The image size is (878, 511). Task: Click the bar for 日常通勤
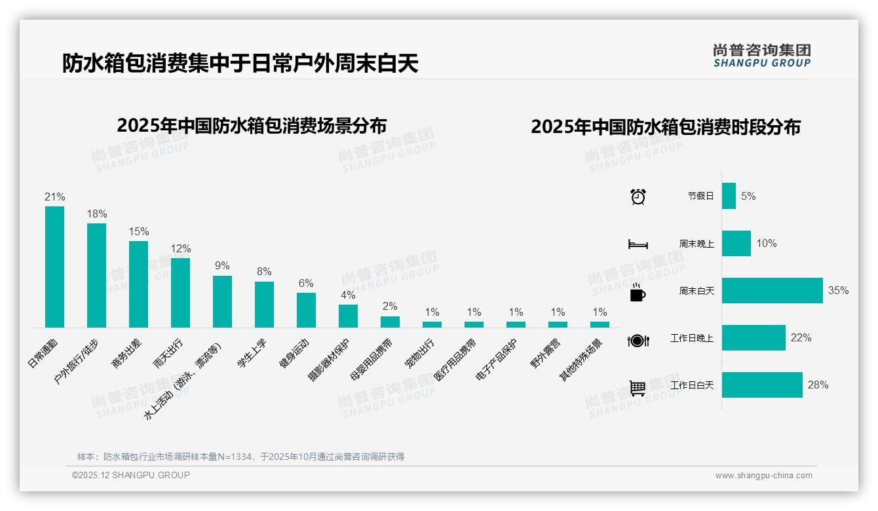pos(54,267)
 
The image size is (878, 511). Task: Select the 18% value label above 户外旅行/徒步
pos(97,214)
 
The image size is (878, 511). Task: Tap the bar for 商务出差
pos(138,284)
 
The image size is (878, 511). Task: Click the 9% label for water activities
pos(222,266)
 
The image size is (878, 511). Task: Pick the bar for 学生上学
pos(264,305)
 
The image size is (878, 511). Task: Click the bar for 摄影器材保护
pos(348,316)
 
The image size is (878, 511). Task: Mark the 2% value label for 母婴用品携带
pos(390,306)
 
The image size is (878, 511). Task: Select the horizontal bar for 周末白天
pos(772,291)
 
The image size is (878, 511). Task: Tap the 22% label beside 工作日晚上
pos(801,338)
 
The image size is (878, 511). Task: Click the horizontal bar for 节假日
pos(729,196)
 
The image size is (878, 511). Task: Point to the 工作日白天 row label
pos(692,385)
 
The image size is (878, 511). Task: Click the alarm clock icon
pos(638,197)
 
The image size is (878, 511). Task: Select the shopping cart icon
pos(638,388)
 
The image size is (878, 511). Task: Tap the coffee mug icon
pos(638,293)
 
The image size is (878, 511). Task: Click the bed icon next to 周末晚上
pos(638,244)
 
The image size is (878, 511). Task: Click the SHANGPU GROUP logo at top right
pos(761,56)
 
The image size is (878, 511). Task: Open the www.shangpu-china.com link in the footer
pos(763,476)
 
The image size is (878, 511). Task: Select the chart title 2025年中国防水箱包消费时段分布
pos(666,127)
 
